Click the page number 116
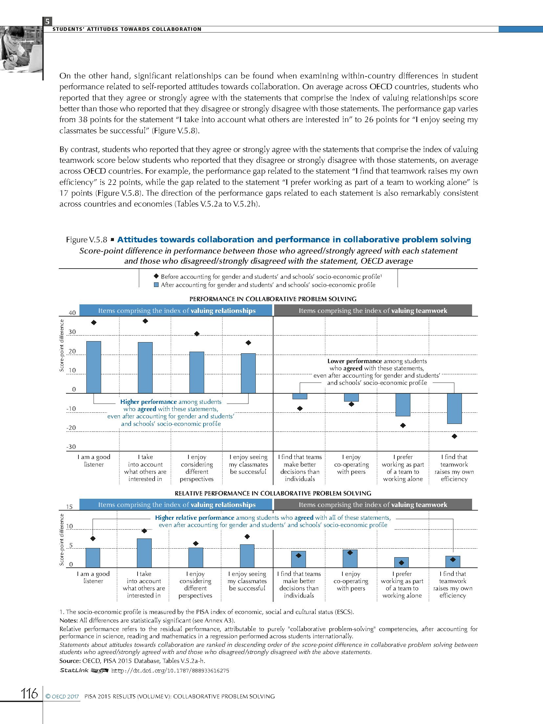[x=30, y=693]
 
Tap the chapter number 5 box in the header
[x=48, y=22]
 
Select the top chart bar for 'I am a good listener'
[x=94, y=367]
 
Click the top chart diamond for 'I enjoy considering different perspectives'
[x=197, y=334]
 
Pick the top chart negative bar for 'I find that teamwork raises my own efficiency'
[x=454, y=408]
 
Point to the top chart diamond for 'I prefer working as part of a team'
[x=403, y=425]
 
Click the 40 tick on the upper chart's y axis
[x=72, y=313]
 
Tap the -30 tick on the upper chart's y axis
[x=71, y=447]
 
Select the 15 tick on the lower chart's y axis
[x=69, y=507]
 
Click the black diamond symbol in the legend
[x=157, y=276]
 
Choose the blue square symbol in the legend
[x=157, y=285]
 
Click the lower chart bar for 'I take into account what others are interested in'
[x=144, y=553]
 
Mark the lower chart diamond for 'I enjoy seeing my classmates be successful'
[x=248, y=537]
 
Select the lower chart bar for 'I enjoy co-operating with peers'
[x=350, y=559]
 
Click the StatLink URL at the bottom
[x=170, y=670]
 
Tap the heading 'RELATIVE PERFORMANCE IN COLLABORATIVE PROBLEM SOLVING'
[x=273, y=493]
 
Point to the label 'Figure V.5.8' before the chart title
[x=86, y=240]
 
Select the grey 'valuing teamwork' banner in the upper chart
[x=373, y=311]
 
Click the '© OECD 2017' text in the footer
[x=62, y=696]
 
